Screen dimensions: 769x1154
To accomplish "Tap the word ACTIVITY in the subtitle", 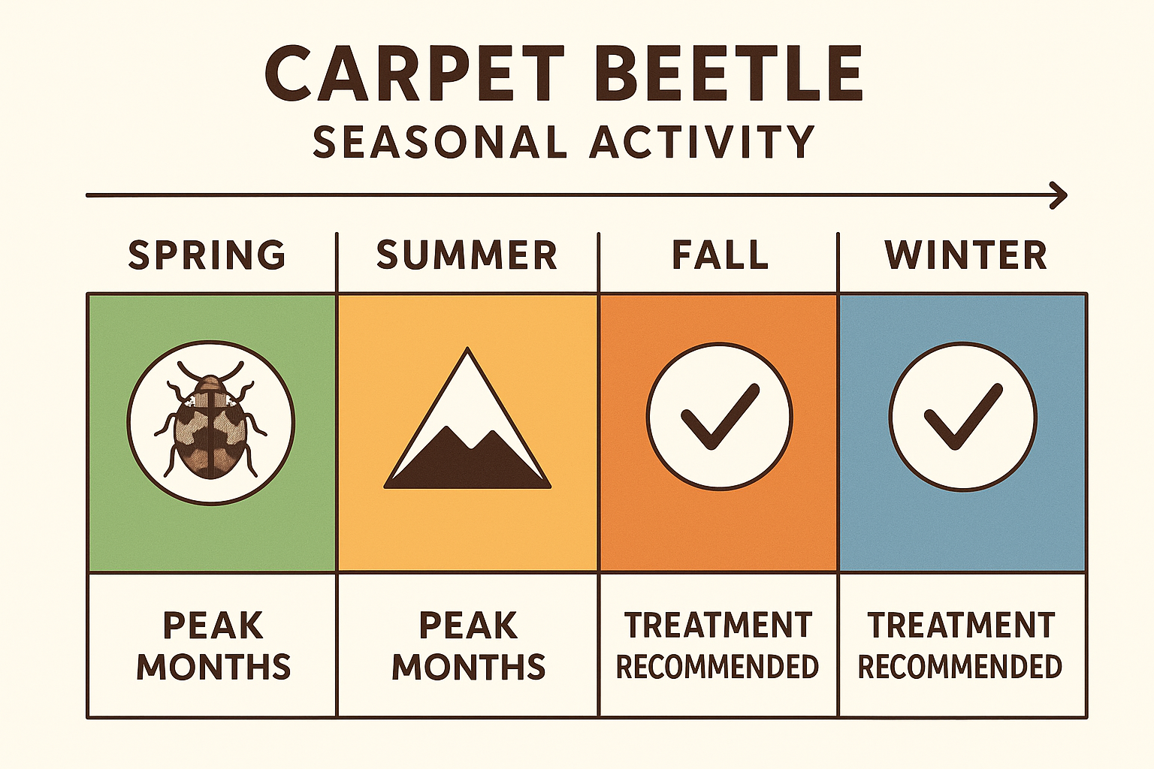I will click(x=702, y=142).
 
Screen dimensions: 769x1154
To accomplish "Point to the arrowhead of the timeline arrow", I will click(x=1060, y=195).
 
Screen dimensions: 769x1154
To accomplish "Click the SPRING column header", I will click(x=207, y=255).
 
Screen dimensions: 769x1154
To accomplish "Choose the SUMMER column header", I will click(x=467, y=255).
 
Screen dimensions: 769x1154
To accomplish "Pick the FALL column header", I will click(x=720, y=255).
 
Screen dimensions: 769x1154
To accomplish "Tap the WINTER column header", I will click(x=965, y=255).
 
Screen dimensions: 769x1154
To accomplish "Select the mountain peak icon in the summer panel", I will click(x=467, y=428).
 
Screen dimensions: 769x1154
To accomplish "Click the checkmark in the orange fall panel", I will click(x=719, y=418).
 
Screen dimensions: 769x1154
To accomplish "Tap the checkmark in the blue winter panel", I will click(x=962, y=418).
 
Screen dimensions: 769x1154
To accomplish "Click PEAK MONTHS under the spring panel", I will click(x=213, y=646).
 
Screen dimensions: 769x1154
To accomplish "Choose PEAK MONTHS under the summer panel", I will click(x=468, y=646).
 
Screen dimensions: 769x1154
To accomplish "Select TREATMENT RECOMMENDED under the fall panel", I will click(x=717, y=646).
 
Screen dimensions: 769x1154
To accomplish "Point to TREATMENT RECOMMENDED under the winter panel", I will click(x=960, y=646).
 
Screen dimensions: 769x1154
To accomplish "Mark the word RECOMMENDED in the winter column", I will click(x=960, y=667).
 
